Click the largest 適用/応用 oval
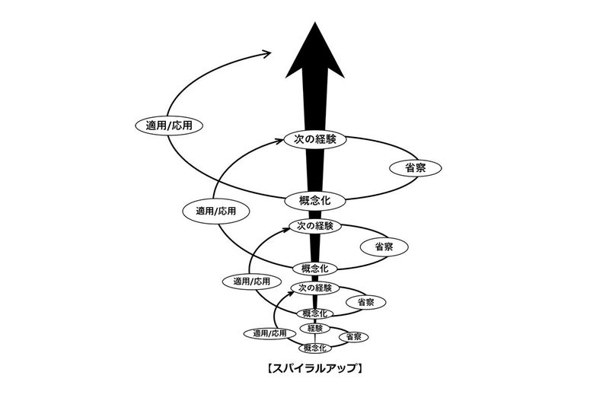[168, 125]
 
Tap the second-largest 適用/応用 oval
[215, 211]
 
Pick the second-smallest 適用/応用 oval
[247, 281]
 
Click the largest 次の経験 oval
[315, 139]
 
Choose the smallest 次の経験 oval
[315, 288]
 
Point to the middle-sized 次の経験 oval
[315, 226]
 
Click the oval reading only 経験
[315, 328]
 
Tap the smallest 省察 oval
[353, 336]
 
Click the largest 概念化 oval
[315, 201]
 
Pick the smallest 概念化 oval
[315, 348]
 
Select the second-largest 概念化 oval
[315, 268]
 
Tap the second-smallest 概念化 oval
[315, 313]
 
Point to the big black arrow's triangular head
[315, 50]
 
